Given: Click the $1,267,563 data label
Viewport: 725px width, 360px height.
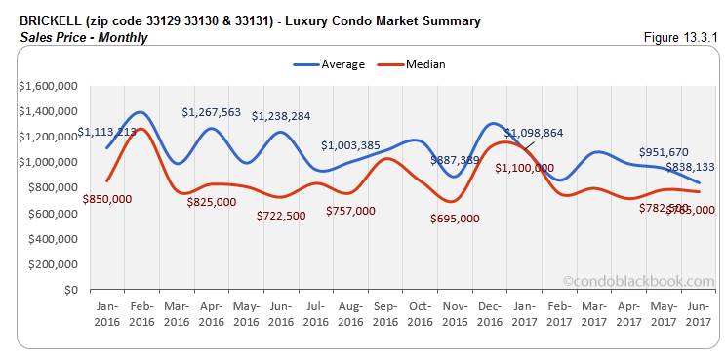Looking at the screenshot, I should (x=211, y=112).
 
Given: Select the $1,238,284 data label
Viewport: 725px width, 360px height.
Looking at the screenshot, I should (x=281, y=116).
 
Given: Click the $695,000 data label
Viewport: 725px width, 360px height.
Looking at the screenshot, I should (x=455, y=219).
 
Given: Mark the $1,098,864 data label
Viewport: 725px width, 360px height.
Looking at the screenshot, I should (x=534, y=132).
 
